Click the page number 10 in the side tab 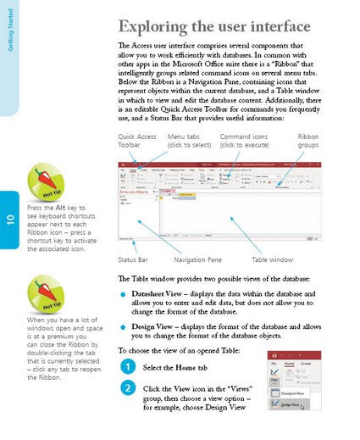[10, 222]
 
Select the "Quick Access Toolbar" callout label [137, 140]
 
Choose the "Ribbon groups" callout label [308, 140]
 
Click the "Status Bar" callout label [133, 259]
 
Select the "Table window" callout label [272, 259]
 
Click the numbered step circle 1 [126, 367]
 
